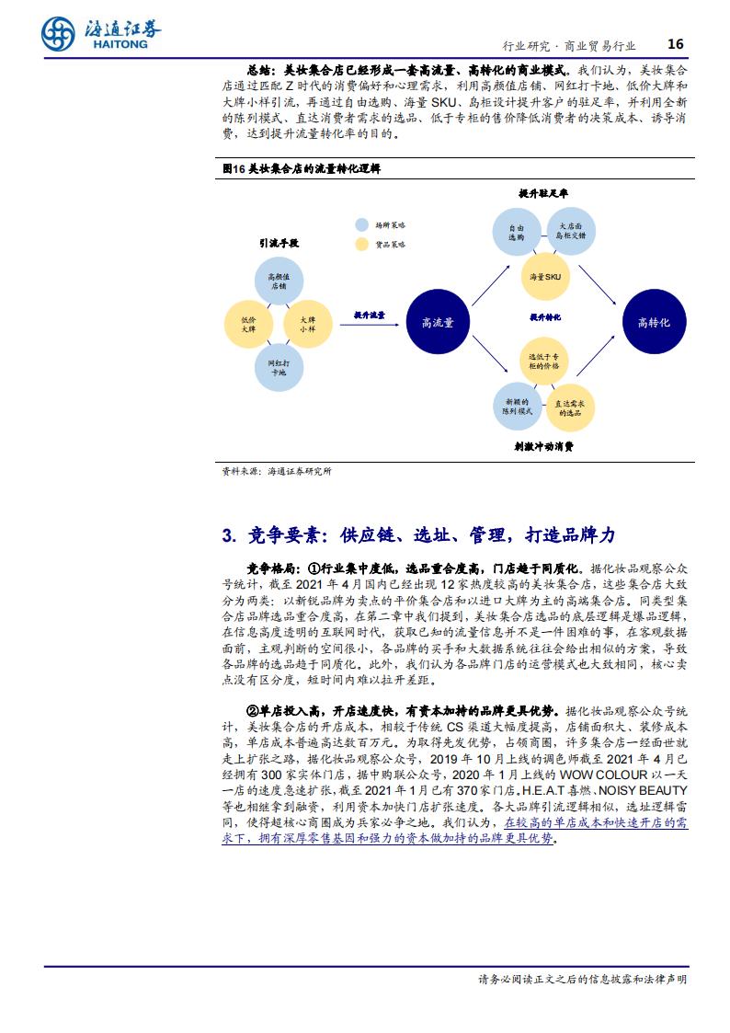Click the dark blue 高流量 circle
438,322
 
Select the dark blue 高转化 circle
655,322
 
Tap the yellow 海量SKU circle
545,277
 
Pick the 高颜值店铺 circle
279,281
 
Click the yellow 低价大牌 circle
248,324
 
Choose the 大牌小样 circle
307,324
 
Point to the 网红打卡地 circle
279,368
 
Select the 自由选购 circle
517,232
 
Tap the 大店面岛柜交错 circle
571,231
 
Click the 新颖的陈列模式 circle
518,406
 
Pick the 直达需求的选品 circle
570,407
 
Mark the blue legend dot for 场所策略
361,224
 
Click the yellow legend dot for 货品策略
361,245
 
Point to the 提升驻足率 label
543,193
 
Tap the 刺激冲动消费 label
543,446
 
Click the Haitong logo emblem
58,34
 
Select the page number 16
676,44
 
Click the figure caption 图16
234,168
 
